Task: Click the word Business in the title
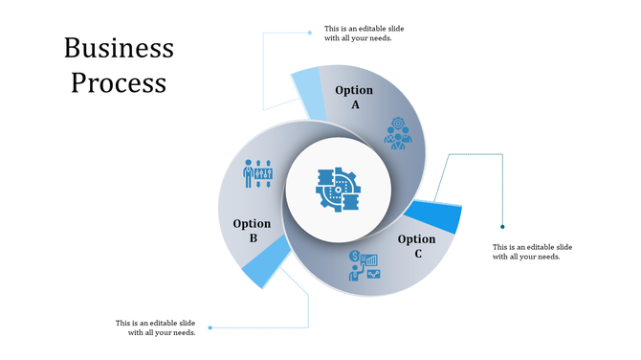click(119, 48)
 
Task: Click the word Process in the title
click(119, 82)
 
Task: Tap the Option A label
click(354, 97)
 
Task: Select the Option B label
click(252, 231)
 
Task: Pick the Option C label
click(416, 246)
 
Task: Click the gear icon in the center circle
click(337, 190)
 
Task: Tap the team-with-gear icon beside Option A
click(398, 133)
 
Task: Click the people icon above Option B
click(258, 174)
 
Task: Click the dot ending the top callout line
click(310, 33)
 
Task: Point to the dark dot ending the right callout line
click(503, 227)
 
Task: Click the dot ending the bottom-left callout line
click(210, 327)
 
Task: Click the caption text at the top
click(358, 34)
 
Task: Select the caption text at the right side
click(532, 252)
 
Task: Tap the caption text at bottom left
click(156, 327)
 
